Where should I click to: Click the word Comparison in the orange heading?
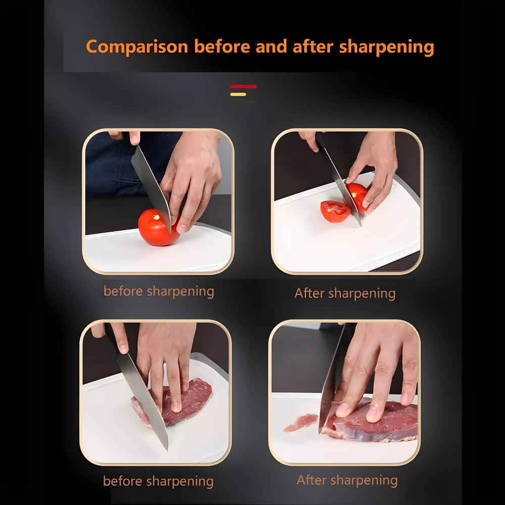point(137,47)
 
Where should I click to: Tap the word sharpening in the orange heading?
point(386,47)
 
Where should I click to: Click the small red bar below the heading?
point(243,86)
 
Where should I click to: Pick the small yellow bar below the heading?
point(238,94)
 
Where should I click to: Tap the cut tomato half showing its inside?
point(335,211)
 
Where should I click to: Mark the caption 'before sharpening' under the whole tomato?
point(159,291)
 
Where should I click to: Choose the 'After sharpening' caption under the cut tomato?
point(345,293)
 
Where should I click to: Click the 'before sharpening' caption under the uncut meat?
point(158,481)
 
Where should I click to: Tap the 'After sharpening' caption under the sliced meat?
point(347,480)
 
